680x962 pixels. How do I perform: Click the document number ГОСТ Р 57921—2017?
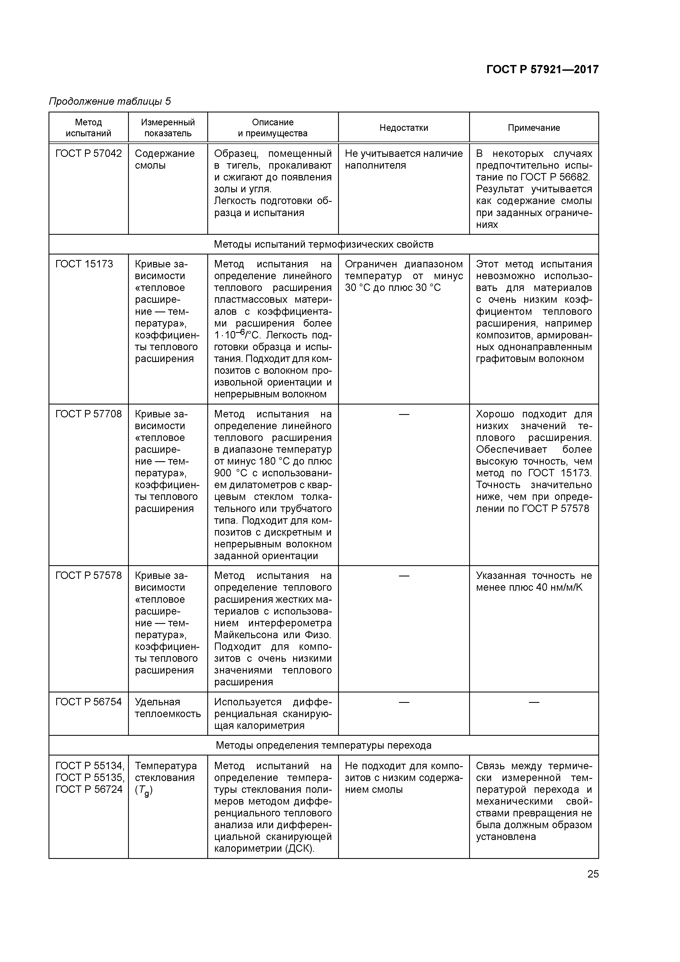(542, 70)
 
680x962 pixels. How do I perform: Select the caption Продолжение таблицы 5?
(110, 101)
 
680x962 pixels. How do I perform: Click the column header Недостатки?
(403, 128)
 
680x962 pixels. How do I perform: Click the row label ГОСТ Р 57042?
(88, 154)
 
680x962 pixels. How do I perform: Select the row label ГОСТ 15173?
(84, 264)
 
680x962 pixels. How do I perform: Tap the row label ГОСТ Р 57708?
(88, 414)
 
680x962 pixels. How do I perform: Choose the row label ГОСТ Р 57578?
(88, 576)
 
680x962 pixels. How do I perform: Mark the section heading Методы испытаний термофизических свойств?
(324, 244)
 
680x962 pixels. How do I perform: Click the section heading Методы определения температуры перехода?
(324, 745)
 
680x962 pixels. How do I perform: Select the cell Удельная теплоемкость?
(168, 708)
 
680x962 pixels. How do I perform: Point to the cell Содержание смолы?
(165, 160)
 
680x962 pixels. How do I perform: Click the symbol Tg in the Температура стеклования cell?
(144, 791)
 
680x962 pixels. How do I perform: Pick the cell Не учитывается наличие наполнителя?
(403, 160)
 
